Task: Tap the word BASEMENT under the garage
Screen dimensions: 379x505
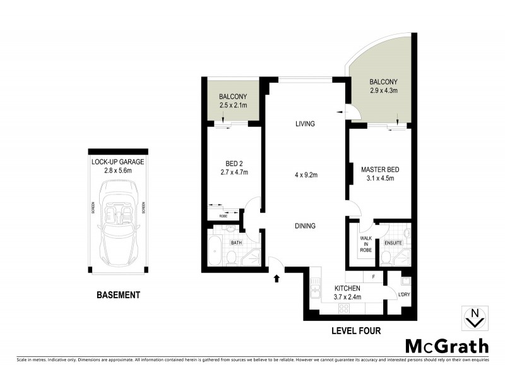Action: (x=117, y=295)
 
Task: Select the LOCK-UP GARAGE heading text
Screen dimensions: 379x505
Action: (x=117, y=162)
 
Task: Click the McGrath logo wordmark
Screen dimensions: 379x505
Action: (x=446, y=346)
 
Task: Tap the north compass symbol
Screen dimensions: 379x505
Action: (x=474, y=318)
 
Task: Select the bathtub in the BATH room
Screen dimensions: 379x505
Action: (x=214, y=251)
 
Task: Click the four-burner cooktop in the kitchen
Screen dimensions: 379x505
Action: (x=345, y=308)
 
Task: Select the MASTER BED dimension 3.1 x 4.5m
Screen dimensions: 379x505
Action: (x=377, y=178)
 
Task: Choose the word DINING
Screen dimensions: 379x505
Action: (x=304, y=226)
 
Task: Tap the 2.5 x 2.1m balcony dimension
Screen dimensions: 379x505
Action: (x=232, y=105)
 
